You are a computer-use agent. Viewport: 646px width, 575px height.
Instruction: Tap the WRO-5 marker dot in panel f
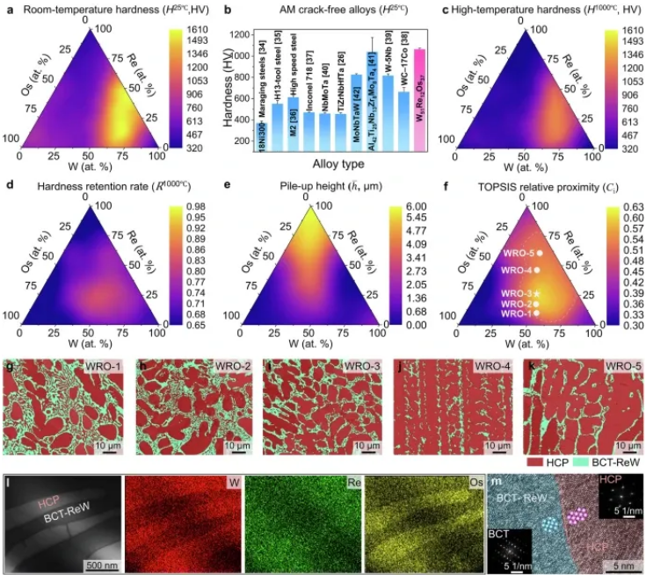[539, 254]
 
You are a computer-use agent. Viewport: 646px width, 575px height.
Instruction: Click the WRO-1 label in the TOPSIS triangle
[516, 313]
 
